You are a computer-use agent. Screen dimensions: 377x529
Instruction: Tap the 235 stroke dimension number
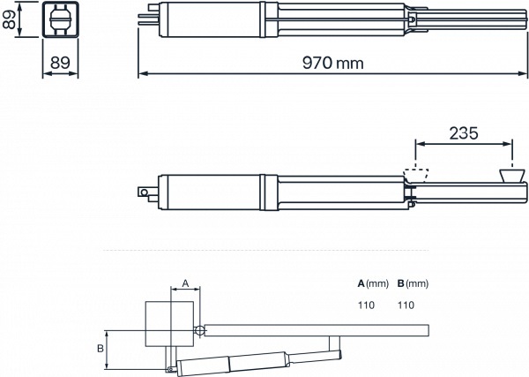(463, 133)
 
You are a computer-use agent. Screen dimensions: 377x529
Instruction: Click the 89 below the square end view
(59, 62)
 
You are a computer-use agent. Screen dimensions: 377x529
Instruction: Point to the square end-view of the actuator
(60, 20)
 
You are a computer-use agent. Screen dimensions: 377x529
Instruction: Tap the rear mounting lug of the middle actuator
(143, 191)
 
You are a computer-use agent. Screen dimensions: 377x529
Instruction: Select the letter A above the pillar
(184, 283)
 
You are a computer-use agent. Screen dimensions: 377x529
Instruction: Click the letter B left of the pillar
(101, 349)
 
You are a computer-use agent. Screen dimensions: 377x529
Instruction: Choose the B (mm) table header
(413, 284)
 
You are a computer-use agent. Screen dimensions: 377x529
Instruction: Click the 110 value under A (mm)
(365, 305)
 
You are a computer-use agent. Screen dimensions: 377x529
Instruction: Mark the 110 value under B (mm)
(406, 305)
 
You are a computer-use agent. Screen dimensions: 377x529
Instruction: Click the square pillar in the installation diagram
(169, 323)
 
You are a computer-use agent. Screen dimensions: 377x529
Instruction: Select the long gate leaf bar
(317, 330)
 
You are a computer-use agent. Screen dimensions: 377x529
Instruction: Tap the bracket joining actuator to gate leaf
(335, 347)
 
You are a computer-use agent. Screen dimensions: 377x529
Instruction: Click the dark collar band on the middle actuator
(272, 191)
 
